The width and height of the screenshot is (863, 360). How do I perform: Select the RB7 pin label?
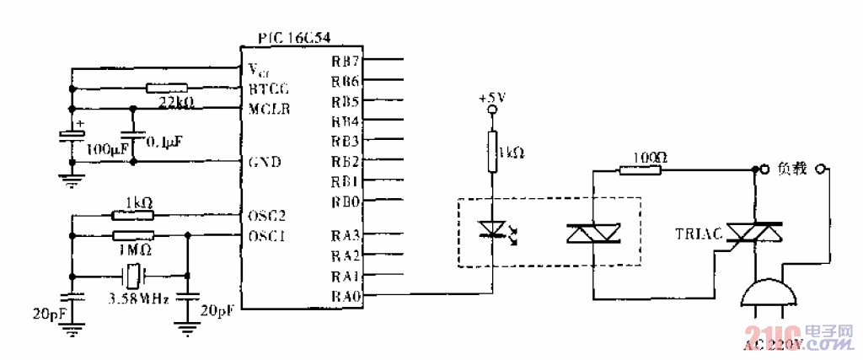345,61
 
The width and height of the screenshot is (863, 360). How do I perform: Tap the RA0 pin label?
345,295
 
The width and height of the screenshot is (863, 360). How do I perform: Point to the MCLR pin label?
267,109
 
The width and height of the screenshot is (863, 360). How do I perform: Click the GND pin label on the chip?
265,161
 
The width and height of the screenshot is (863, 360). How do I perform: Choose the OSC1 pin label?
267,236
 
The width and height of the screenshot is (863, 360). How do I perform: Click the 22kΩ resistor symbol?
166,88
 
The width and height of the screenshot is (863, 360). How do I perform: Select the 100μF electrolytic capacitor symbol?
72,137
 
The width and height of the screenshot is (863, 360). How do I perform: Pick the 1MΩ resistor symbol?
132,236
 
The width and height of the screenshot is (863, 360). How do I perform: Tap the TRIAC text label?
698,234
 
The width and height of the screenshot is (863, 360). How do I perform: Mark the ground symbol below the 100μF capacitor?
72,177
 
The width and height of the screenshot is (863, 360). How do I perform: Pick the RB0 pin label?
345,201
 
